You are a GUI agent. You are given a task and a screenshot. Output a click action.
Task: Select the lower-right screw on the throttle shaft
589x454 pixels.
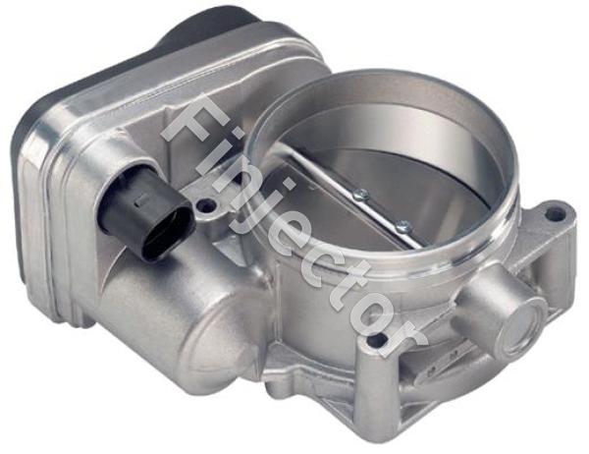tap(402, 227)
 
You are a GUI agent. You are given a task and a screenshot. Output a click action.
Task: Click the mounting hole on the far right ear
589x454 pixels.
tap(557, 211)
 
